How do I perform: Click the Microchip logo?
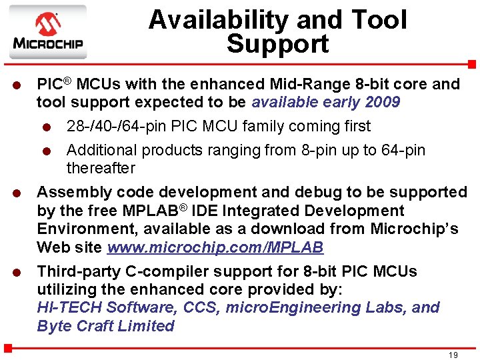tap(47, 32)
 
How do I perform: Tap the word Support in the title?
tap(277, 44)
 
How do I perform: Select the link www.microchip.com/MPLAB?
tap(215, 247)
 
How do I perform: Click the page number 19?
tap(453, 355)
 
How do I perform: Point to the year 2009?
tap(383, 102)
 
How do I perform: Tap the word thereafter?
tap(101, 168)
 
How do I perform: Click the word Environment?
tap(83, 229)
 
